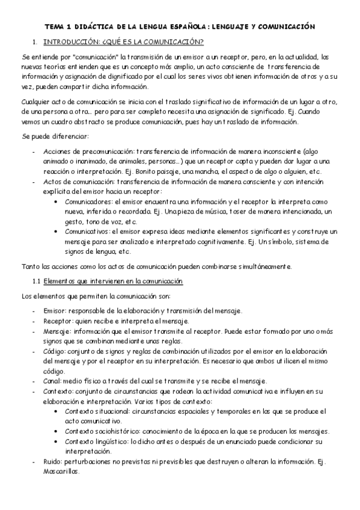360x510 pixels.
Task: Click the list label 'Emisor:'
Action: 55,311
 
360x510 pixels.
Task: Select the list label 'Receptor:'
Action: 58,321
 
